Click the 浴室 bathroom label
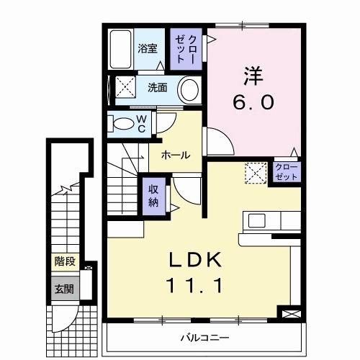(148, 50)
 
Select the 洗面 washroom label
(158, 89)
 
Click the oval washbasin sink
(189, 91)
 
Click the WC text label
(142, 124)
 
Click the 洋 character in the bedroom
(251, 74)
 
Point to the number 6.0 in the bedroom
(254, 102)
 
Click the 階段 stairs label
(64, 261)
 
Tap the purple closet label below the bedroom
(285, 171)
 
